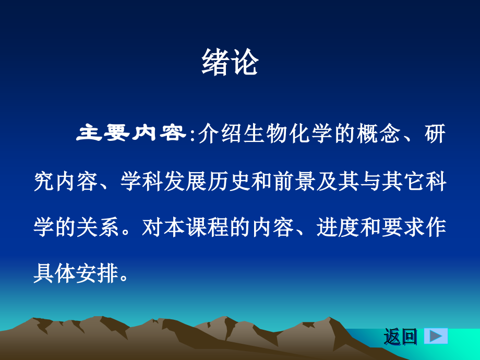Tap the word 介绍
tap(216, 134)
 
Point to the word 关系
tap(99, 228)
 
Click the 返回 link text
tap(401, 337)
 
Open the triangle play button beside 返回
tap(436, 335)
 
